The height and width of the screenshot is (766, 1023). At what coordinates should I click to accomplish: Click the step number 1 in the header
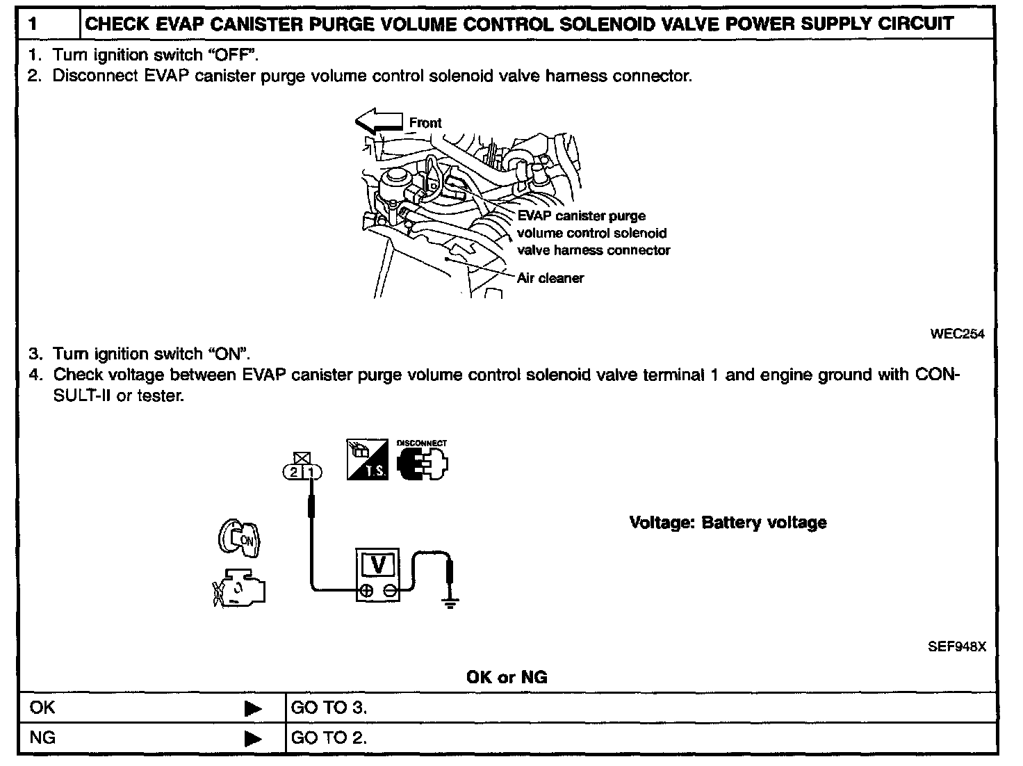coord(33,24)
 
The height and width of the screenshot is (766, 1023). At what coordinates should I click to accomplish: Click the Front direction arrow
coord(378,122)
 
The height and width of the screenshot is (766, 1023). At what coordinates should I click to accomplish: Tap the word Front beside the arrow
coord(425,123)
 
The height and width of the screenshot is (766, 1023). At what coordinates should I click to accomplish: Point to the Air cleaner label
coord(550,278)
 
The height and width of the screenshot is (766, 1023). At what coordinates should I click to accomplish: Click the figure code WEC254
coord(957,334)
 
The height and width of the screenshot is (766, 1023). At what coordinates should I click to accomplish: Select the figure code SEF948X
coord(957,646)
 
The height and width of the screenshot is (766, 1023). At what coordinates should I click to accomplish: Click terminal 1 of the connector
coord(311,473)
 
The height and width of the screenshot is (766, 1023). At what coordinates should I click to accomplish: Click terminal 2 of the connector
coord(294,473)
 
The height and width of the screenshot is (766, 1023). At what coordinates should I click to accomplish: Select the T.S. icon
coord(367,459)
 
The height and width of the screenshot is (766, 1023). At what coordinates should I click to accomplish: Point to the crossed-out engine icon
coord(239,588)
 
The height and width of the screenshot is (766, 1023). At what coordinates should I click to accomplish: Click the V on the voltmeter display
coord(379,564)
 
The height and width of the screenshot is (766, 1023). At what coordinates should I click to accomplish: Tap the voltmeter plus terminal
coord(366,591)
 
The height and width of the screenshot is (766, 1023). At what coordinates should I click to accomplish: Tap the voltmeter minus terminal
coord(390,591)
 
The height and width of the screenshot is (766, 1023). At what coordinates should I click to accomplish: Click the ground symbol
coord(451,602)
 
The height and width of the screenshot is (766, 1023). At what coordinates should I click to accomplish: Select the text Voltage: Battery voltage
coord(728,523)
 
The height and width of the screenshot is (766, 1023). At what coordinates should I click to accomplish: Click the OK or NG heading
coord(507,677)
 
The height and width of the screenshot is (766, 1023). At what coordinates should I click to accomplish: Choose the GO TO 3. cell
coord(329,708)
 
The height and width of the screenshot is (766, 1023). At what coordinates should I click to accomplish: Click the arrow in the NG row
coord(254,738)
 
